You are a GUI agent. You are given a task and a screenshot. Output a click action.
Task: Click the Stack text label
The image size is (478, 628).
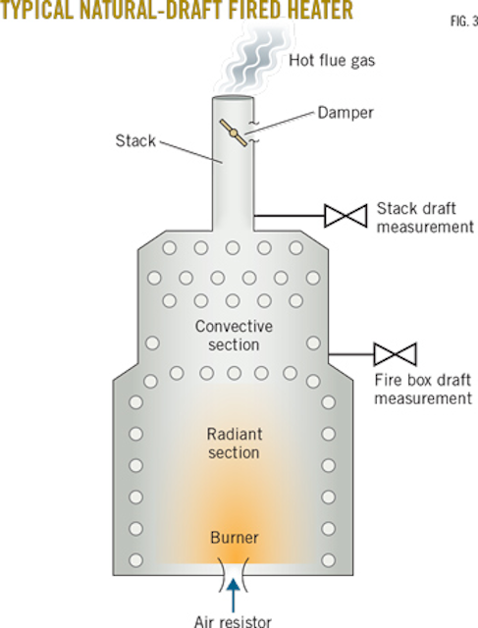tap(133, 141)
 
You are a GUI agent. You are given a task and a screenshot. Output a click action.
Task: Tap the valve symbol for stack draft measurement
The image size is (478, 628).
tap(345, 215)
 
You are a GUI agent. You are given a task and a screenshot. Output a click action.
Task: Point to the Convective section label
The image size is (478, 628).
tap(234, 335)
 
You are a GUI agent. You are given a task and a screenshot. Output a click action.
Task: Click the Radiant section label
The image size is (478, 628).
tap(234, 443)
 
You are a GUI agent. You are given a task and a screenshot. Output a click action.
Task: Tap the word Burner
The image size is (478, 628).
tap(233, 537)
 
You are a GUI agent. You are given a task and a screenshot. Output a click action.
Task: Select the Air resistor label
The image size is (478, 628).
tap(233, 619)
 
